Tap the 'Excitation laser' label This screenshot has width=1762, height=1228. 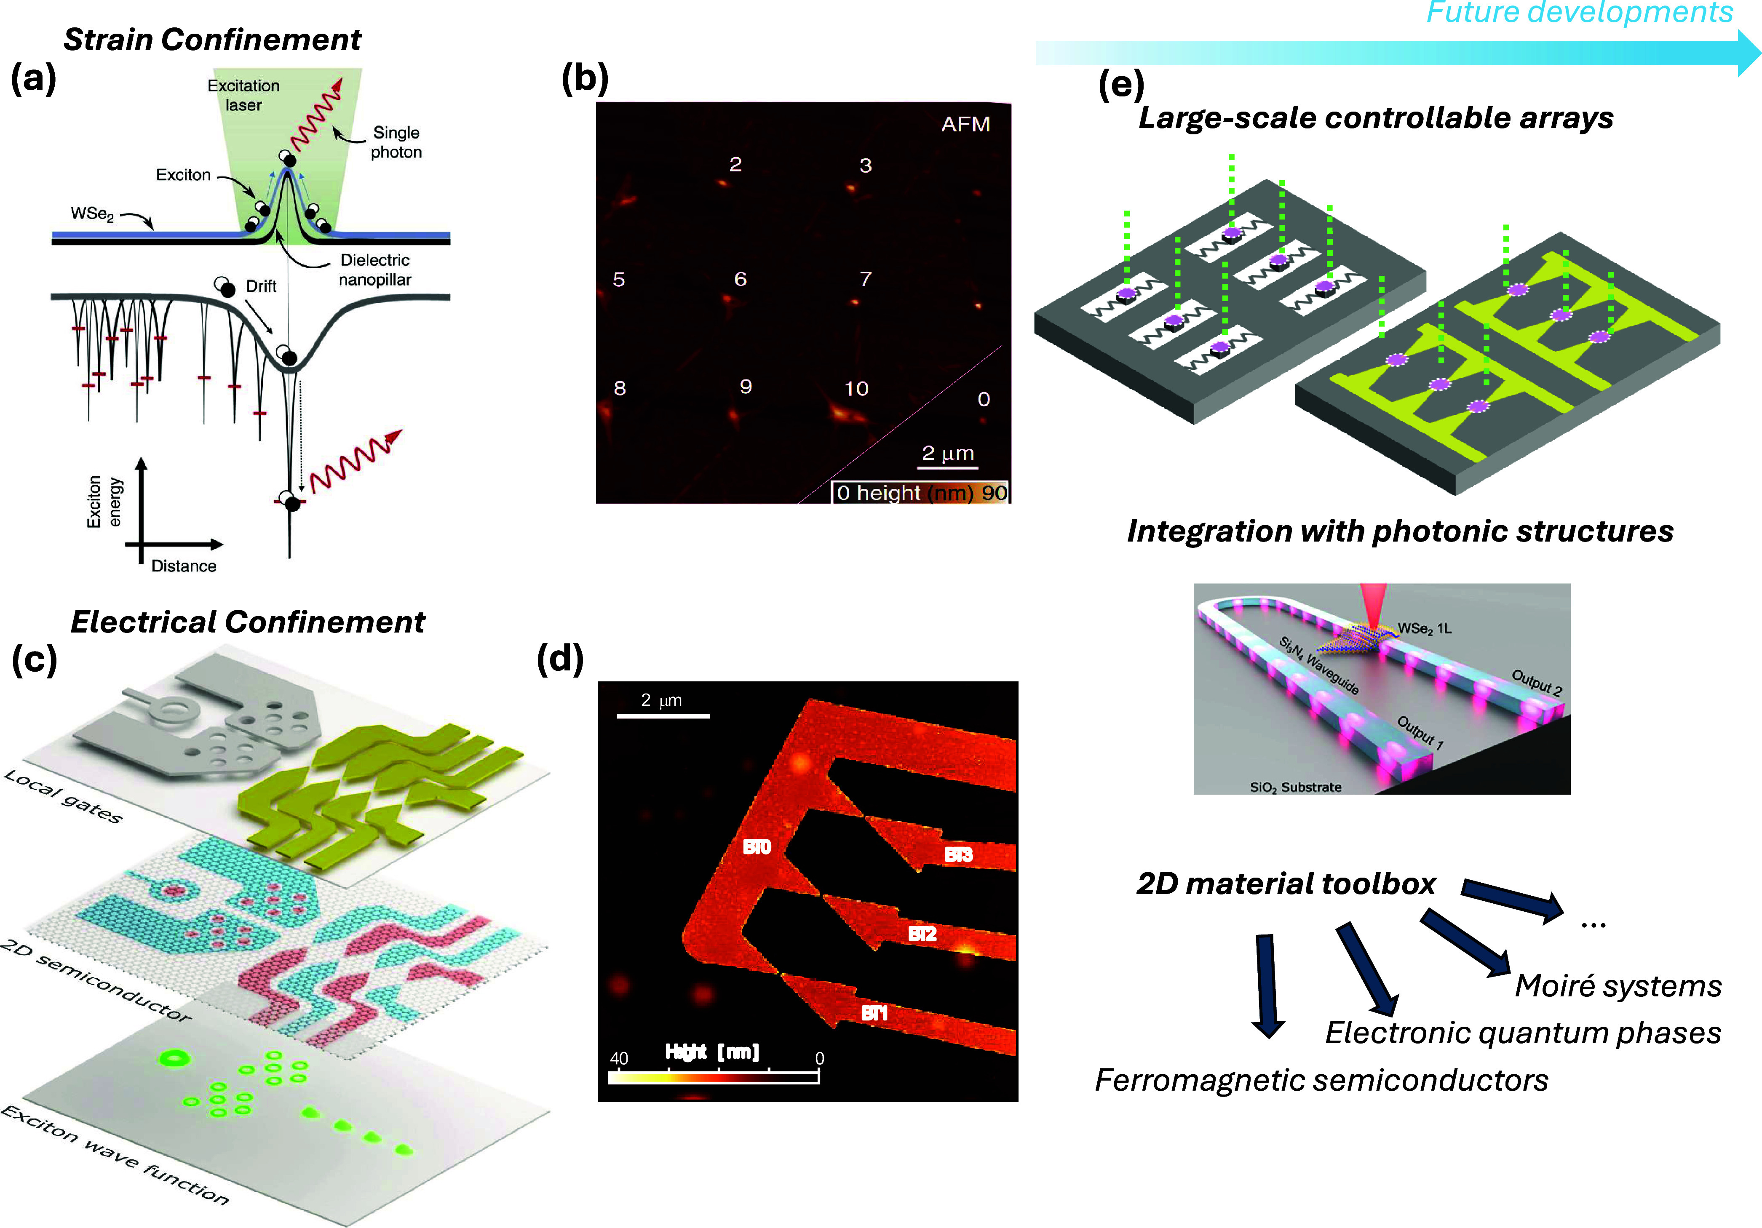243,95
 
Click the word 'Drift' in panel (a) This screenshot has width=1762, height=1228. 261,286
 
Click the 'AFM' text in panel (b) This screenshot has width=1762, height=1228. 965,124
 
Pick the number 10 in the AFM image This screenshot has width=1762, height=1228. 856,389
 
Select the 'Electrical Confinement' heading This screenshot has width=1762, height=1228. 247,622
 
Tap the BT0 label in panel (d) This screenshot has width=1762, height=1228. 757,847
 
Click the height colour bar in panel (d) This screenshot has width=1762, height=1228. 714,1077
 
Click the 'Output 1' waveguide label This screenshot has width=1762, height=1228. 1420,732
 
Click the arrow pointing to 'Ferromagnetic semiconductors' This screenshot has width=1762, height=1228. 1266,985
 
